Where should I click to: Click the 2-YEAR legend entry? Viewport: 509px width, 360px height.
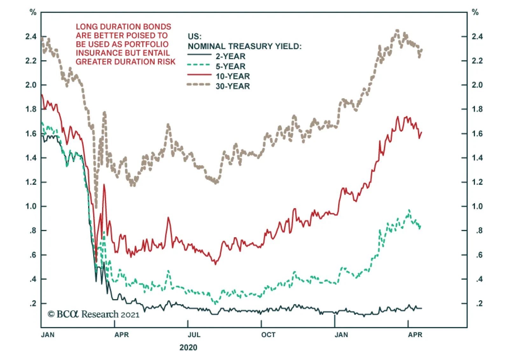click(230, 56)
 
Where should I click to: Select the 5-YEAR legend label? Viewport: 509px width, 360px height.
click(230, 66)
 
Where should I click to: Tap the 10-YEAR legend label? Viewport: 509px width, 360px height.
click(233, 76)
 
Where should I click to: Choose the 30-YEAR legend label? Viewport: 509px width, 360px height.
click(233, 86)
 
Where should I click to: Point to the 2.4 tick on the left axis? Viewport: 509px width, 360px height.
click(31, 37)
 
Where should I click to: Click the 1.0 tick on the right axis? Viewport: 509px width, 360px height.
click(477, 206)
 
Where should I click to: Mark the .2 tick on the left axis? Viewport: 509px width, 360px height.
click(33, 303)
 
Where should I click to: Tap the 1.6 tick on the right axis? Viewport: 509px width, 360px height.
click(477, 134)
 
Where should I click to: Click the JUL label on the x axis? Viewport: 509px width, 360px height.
click(194, 335)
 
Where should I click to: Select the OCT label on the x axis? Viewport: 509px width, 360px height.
click(268, 335)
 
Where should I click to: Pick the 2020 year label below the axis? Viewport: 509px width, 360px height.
click(188, 347)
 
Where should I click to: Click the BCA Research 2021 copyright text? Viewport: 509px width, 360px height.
click(94, 314)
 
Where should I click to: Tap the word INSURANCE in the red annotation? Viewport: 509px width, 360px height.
click(95, 53)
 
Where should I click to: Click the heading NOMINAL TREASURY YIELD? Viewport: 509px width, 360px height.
click(244, 46)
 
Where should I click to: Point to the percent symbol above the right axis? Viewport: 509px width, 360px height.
click(475, 12)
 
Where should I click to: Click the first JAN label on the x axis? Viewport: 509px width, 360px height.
click(48, 335)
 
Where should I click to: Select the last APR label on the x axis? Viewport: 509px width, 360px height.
click(415, 335)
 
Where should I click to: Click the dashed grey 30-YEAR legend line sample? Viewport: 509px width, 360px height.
click(199, 85)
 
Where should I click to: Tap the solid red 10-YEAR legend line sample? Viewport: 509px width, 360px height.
click(199, 75)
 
